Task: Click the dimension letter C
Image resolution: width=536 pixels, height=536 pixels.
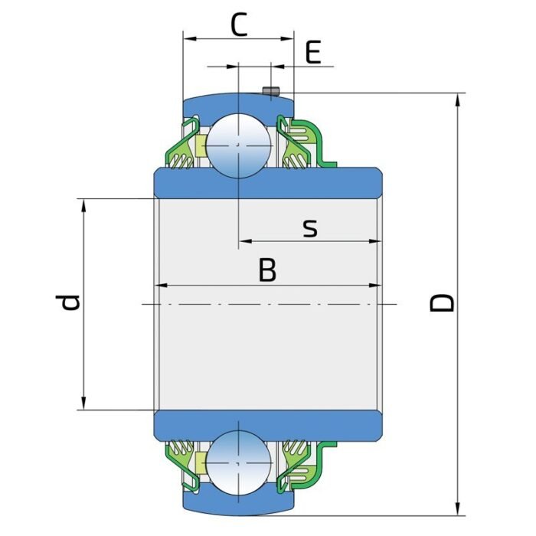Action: pyautogui.click(x=239, y=25)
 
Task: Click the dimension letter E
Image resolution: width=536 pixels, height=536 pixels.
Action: pyautogui.click(x=312, y=54)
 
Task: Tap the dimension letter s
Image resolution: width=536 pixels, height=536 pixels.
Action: pyautogui.click(x=309, y=227)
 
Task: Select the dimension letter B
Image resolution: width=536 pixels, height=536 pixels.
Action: pyautogui.click(x=267, y=270)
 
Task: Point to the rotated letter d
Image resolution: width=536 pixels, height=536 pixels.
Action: pyautogui.click(x=70, y=303)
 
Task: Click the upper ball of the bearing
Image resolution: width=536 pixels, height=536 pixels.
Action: pyautogui.click(x=238, y=145)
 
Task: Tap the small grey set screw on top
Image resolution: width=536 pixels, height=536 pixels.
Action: pyautogui.click(x=270, y=92)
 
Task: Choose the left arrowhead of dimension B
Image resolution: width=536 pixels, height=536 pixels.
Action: pyautogui.click(x=161, y=286)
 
